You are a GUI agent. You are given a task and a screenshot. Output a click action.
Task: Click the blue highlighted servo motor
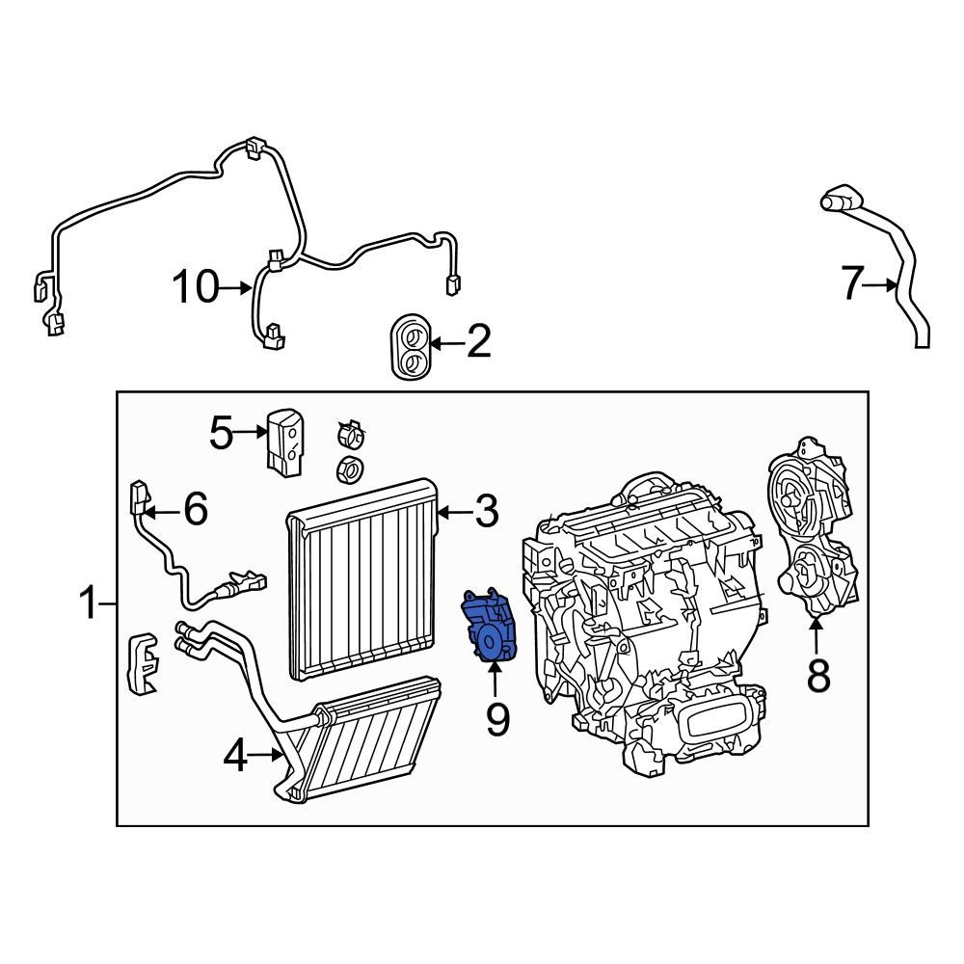[x=492, y=628]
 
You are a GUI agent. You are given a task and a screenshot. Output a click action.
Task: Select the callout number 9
[x=496, y=718]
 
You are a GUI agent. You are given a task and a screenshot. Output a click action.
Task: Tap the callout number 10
[x=196, y=287]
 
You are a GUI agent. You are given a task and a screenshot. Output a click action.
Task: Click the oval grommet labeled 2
[x=410, y=346]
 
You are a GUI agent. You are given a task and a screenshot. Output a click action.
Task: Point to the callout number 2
[x=478, y=342]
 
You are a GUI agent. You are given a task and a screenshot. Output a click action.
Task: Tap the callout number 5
[x=222, y=434]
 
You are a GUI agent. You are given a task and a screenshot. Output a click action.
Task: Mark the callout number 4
[x=235, y=759]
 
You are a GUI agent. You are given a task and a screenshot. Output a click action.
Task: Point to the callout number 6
[x=195, y=508]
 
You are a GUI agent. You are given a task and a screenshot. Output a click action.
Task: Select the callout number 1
[x=89, y=605]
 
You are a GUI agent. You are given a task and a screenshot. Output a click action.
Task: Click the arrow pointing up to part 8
[x=817, y=636]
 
